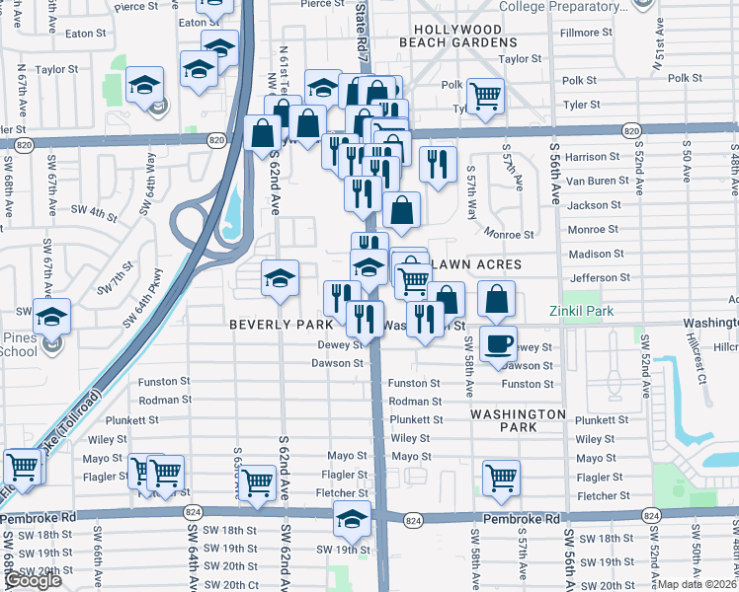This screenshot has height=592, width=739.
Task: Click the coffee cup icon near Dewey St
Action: [498, 343]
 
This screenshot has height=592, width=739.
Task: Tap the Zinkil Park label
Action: [583, 311]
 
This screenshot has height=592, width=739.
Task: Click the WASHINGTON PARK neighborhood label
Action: [517, 420]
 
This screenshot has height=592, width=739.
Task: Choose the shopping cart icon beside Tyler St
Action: [484, 96]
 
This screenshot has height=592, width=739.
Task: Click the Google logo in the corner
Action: [32, 581]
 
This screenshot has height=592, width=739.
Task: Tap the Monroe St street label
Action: [510, 235]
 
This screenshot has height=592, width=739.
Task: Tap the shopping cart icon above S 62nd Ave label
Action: [257, 482]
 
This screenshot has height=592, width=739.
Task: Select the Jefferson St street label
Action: [599, 278]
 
